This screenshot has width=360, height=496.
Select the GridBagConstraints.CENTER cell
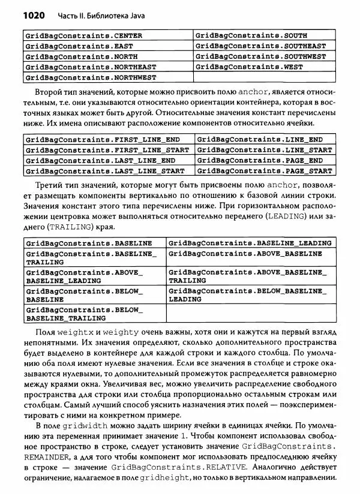84,35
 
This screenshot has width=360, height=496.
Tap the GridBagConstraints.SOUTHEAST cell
262,46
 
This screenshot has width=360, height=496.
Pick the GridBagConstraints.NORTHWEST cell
91,77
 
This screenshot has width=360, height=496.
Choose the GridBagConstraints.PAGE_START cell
264,171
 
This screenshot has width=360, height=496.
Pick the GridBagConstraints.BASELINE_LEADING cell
250,243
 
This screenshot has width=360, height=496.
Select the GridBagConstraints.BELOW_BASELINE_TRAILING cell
85,314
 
